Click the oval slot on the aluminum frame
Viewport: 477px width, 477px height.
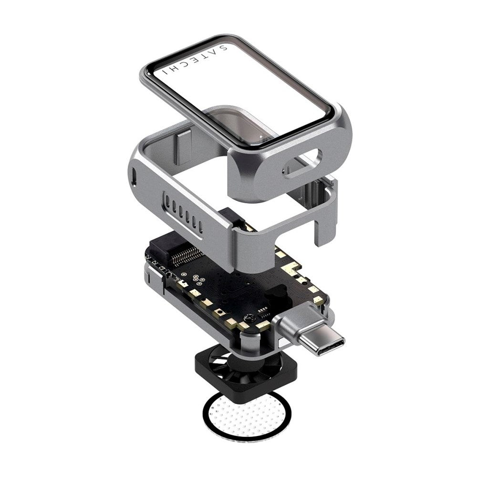point(302,164)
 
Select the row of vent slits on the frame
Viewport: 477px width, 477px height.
point(183,210)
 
